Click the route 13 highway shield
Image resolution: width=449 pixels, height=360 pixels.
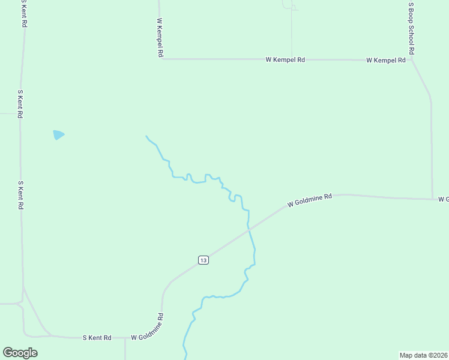coord(203,260)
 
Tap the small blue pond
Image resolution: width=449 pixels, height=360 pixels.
coord(58,134)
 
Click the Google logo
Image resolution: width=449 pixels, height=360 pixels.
coord(20,353)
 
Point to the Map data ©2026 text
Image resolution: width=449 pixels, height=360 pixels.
coord(423,355)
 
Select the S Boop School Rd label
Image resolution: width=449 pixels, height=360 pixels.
coord(411,28)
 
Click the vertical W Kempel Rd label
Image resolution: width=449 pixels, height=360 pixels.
coord(160,37)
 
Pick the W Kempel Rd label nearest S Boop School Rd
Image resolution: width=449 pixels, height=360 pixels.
coord(386,61)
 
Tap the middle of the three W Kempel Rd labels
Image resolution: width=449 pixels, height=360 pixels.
coord(286,60)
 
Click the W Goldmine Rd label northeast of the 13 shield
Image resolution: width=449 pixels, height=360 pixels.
coord(310,200)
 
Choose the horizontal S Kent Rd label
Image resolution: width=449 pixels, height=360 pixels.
coord(97,338)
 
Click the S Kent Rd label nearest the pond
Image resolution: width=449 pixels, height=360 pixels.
coord(20,104)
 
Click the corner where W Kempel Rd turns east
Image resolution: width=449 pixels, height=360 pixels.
coord(163,59)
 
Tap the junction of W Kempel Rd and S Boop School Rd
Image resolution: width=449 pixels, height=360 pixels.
coord(411,60)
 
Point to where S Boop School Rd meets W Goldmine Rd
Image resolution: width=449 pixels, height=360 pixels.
coord(432,199)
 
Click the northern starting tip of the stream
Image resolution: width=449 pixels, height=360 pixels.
coord(146,136)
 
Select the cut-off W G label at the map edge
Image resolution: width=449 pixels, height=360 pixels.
coord(444,199)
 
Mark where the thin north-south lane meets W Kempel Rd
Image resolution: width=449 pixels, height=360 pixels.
coord(292,59)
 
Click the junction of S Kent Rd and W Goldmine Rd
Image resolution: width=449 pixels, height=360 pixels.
coord(125,338)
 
